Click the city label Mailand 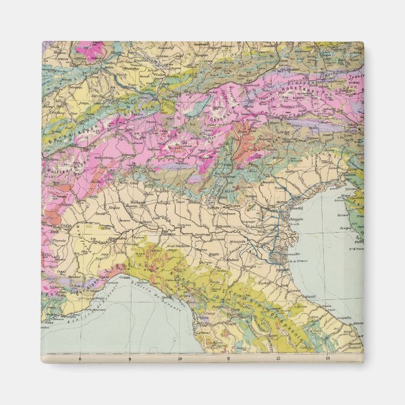point(138,202)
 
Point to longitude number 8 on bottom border point(80,358)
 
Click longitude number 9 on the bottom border point(130,358)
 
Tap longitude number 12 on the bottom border point(278,358)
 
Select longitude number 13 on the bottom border point(328,358)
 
